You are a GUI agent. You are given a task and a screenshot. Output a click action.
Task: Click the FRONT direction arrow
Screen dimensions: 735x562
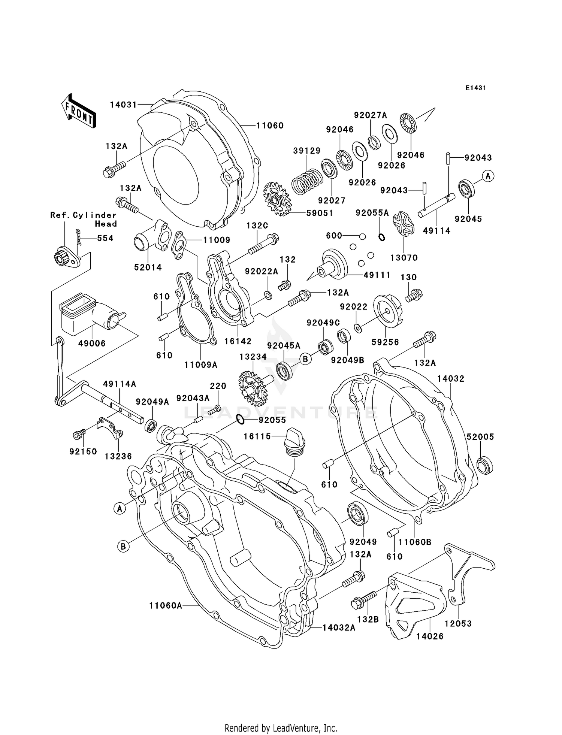pos(79,111)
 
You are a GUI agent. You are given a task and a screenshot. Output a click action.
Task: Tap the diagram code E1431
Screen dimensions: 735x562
pos(475,88)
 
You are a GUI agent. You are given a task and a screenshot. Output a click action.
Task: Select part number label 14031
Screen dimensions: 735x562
pos(123,105)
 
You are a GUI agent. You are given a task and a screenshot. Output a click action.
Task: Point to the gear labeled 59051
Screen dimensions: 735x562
pos(278,199)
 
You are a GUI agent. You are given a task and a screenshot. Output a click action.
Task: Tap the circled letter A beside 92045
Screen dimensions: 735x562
pos(488,176)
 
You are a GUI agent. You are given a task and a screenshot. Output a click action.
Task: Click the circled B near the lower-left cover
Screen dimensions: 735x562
pos(123,547)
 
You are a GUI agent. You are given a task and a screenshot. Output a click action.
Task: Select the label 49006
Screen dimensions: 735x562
pos(92,343)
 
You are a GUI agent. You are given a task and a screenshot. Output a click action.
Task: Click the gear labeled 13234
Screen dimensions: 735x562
pos(251,388)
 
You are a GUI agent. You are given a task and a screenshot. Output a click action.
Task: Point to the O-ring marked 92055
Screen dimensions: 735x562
pos(241,420)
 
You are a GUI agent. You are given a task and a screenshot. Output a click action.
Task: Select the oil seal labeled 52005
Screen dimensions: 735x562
pos(485,465)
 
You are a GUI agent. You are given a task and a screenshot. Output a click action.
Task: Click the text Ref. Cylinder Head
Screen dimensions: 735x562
pos(84,220)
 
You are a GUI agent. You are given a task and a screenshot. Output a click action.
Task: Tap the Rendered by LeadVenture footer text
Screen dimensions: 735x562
pos(281,728)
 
